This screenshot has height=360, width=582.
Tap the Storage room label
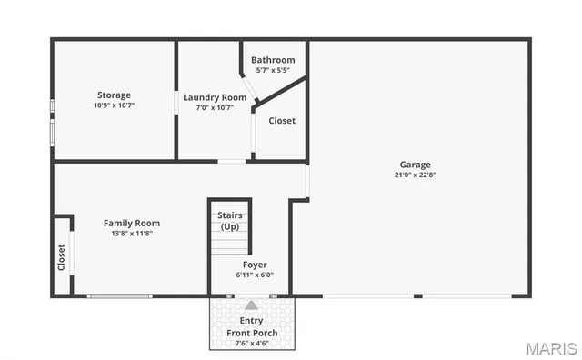click(x=114, y=95)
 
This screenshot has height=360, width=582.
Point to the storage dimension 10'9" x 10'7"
click(x=114, y=105)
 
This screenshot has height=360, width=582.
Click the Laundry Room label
click(x=215, y=97)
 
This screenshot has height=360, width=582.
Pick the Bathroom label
click(x=273, y=60)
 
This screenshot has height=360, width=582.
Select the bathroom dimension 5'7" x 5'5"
click(x=273, y=70)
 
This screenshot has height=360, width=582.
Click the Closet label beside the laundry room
click(x=282, y=120)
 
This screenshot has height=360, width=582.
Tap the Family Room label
click(x=132, y=223)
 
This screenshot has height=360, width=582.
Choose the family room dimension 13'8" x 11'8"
click(x=132, y=233)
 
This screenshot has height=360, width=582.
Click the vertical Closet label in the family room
click(x=62, y=257)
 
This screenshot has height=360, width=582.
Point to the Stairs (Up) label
click(x=229, y=220)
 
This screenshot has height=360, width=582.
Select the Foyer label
click(x=255, y=265)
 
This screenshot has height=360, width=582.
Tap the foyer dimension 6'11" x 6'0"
click(x=255, y=275)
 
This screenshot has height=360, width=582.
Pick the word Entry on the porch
click(x=252, y=321)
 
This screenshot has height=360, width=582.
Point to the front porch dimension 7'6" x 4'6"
click(x=252, y=343)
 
